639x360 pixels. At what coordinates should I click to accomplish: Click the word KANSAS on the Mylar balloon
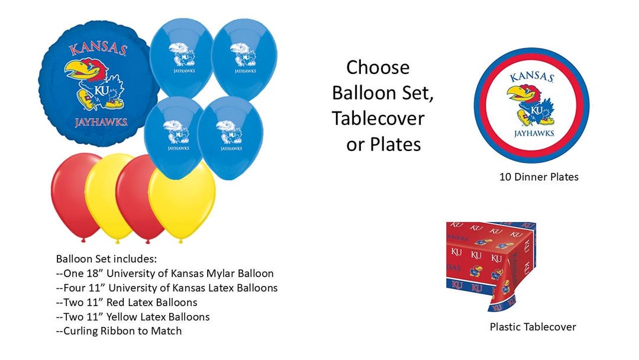tap(98, 49)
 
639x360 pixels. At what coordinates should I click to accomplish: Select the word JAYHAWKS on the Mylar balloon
tap(101, 123)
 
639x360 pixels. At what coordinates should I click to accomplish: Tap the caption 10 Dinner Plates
tap(538, 176)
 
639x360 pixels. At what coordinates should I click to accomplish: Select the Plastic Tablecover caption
tap(532, 327)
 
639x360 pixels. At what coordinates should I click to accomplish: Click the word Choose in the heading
tap(377, 67)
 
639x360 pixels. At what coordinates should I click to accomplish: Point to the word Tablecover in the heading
tap(378, 118)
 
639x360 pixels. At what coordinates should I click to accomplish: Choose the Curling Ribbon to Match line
tap(118, 331)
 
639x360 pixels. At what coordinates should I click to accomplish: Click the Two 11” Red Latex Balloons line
tap(127, 303)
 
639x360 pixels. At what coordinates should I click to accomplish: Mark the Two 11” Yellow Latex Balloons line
tap(133, 317)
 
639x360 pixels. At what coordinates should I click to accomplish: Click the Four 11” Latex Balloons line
tap(166, 288)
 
